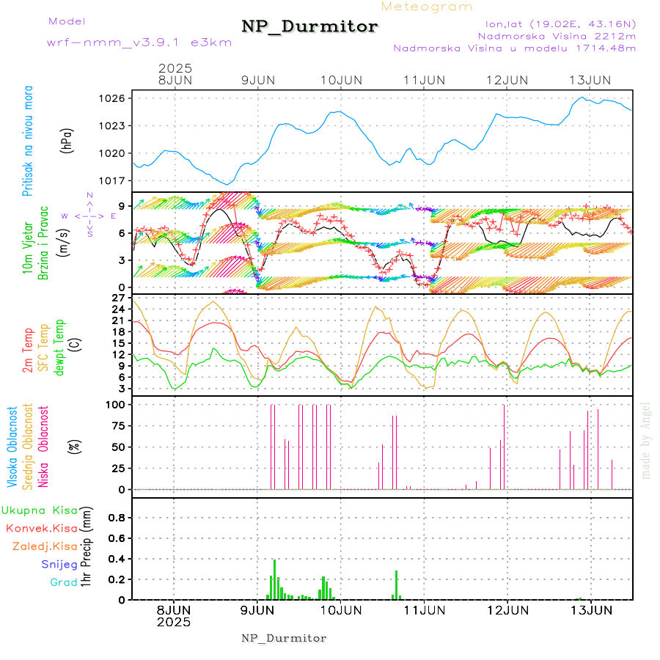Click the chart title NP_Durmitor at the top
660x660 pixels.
tap(309, 27)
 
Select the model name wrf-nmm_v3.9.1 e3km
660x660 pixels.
tap(139, 42)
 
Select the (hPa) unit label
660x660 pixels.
tap(67, 140)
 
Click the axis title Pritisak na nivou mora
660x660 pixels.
tap(29, 140)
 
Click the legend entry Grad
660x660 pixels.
tap(64, 583)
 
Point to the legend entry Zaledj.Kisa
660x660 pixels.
tap(45, 546)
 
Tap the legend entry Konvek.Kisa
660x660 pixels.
tap(42, 528)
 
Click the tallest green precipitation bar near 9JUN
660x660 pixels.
tap(274, 579)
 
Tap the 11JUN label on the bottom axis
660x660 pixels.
tap(425, 609)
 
